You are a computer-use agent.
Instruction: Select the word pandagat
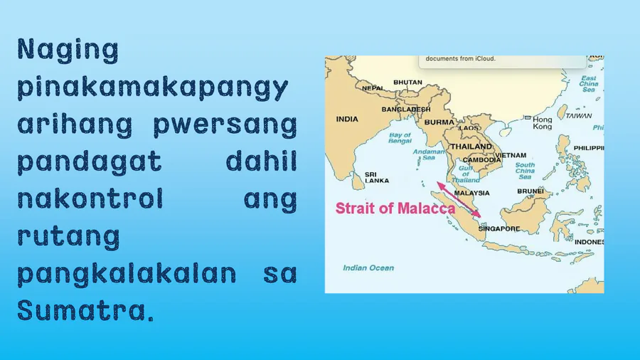coord(90,162)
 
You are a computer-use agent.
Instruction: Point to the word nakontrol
coord(90,198)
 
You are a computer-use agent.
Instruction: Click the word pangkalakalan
coord(127,274)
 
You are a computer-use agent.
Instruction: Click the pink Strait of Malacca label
coord(395,208)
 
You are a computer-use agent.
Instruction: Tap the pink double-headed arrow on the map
coord(459,200)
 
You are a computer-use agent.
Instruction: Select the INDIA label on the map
coord(347,120)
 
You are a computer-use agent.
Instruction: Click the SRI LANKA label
coord(377,178)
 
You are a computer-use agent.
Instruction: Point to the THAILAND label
coord(471,147)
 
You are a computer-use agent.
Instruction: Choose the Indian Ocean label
coord(368,268)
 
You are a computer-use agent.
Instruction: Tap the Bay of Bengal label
coord(400,138)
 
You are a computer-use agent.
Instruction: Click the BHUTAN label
coord(407,83)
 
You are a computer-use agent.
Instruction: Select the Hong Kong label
coord(543,123)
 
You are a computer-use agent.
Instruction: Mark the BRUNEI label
coord(530,191)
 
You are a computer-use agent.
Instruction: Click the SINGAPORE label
coord(499,229)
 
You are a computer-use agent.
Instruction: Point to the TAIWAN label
coord(579,116)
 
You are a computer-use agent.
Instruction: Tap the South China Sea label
coord(525,171)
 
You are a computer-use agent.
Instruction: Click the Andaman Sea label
coord(429,154)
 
